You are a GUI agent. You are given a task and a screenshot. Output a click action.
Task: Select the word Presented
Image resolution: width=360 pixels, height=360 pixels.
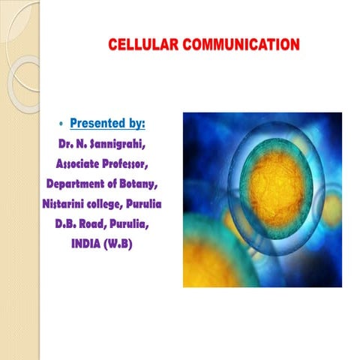point(97,121)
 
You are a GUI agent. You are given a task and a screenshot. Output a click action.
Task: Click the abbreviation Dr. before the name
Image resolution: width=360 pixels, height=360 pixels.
point(66,142)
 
